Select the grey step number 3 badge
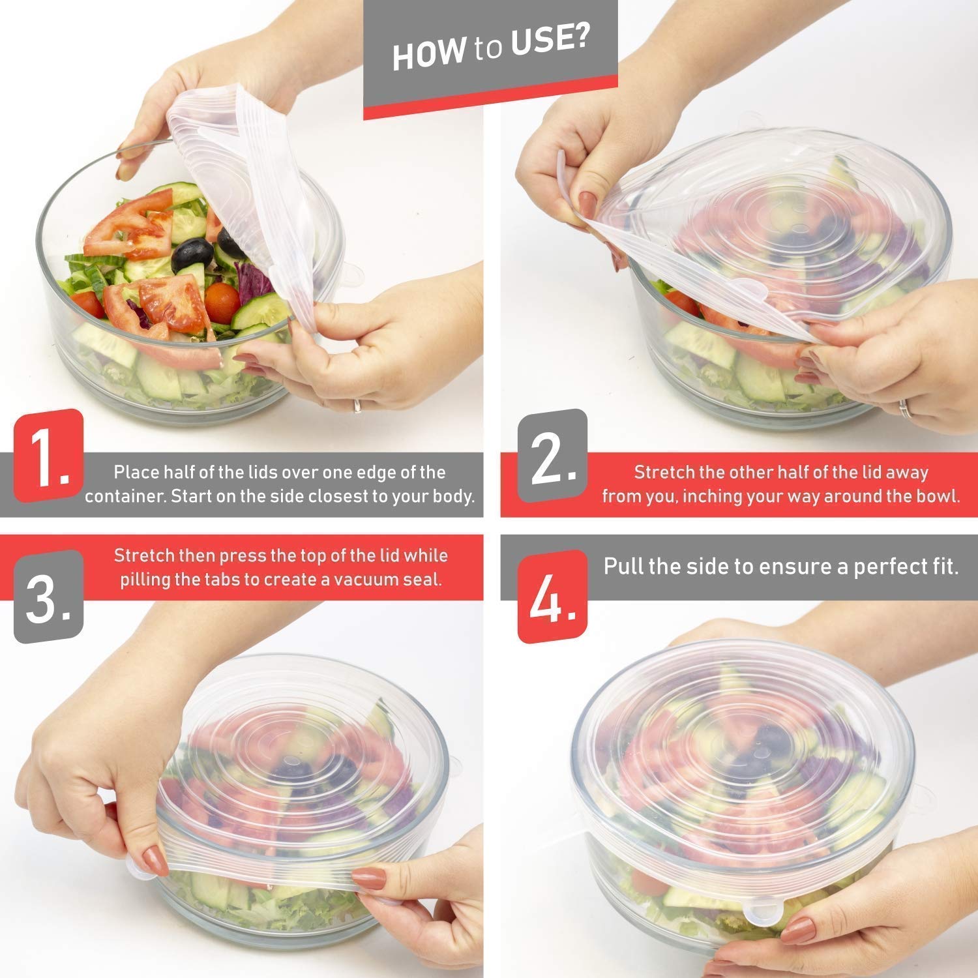[x=49, y=597]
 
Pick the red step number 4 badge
[x=553, y=597]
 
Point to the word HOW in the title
[x=429, y=53]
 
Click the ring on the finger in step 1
[x=357, y=406]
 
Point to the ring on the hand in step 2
[x=904, y=409]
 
